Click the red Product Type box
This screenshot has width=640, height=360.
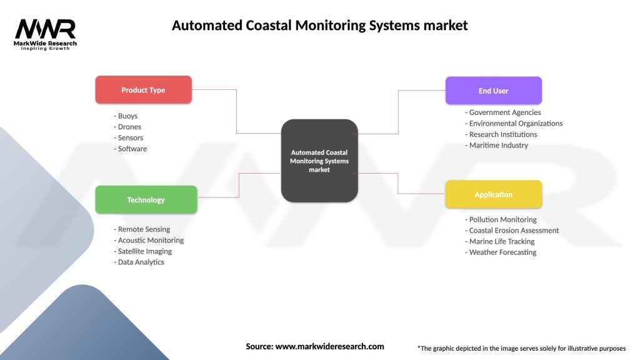coord(143,90)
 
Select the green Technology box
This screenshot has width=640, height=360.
coord(146,200)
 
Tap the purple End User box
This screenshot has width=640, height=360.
coord(493,91)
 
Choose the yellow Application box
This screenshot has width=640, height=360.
coord(493,194)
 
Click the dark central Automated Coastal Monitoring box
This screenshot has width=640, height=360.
coord(319,161)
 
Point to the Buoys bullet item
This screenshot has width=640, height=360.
coord(126,116)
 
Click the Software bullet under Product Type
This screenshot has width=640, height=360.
coord(131,149)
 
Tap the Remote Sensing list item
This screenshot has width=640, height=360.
coord(142,229)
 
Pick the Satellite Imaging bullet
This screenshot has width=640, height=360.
coord(143,251)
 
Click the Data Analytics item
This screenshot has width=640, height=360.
coord(139,262)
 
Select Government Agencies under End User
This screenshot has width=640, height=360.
coord(503,112)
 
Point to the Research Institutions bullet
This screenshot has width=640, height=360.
coord(501,134)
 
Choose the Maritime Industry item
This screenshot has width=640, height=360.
coord(497,145)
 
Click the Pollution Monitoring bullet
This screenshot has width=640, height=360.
coord(501,219)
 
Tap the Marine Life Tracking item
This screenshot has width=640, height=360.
coord(500,241)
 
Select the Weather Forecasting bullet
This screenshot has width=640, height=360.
coord(501,252)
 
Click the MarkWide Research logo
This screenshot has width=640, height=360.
coord(46,34)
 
